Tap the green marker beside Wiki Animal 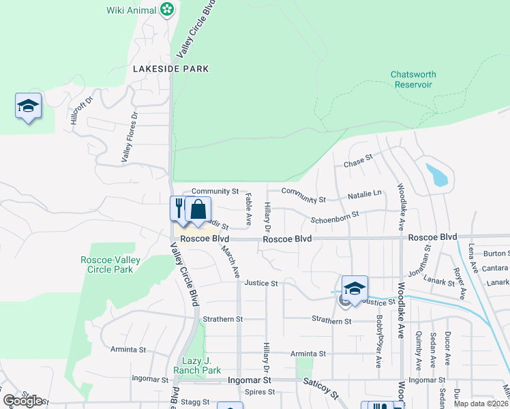(167, 10)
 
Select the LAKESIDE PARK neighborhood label (170, 69)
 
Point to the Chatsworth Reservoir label (413, 79)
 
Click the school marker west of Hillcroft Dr (28, 106)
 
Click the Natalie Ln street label (364, 194)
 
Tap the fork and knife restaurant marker (179, 208)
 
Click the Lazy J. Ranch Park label (202, 365)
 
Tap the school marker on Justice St (355, 288)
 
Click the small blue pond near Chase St (438, 175)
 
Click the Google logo (22, 401)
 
